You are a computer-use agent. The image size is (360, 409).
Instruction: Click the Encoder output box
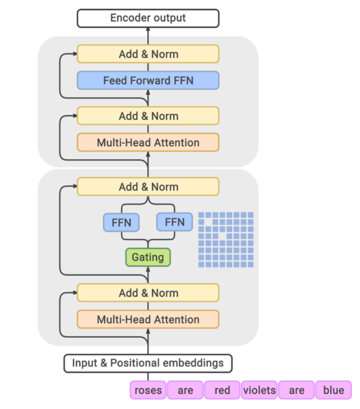pyautogui.click(x=148, y=18)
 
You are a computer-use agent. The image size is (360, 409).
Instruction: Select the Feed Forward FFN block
pyautogui.click(x=148, y=80)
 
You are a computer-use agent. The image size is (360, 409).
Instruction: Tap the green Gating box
pyautogui.click(x=148, y=257)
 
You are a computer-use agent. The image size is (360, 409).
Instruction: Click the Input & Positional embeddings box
pyautogui.click(x=148, y=363)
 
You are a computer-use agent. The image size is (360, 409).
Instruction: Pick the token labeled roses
pyautogui.click(x=148, y=390)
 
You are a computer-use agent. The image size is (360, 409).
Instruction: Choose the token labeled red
pyautogui.click(x=222, y=390)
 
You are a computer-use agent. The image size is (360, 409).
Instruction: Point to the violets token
pyautogui.click(x=259, y=390)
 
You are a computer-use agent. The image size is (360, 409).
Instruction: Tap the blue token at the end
pyautogui.click(x=333, y=390)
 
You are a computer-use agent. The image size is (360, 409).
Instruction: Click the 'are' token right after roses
pyautogui.click(x=185, y=390)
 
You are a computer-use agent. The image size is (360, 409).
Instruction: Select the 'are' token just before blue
pyautogui.click(x=296, y=390)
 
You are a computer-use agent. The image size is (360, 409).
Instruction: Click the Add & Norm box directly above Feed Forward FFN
pyautogui.click(x=148, y=54)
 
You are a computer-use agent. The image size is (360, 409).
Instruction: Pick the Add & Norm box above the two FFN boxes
pyautogui.click(x=148, y=187)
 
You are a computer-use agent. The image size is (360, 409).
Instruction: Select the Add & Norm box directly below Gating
pyautogui.click(x=148, y=293)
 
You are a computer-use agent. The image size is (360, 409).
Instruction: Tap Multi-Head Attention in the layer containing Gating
pyautogui.click(x=148, y=319)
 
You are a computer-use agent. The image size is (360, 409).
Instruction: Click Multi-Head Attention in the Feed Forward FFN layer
pyautogui.click(x=148, y=142)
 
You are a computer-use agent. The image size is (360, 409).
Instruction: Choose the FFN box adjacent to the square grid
pyautogui.click(x=174, y=222)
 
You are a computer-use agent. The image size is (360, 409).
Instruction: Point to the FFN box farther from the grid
pyautogui.click(x=121, y=222)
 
